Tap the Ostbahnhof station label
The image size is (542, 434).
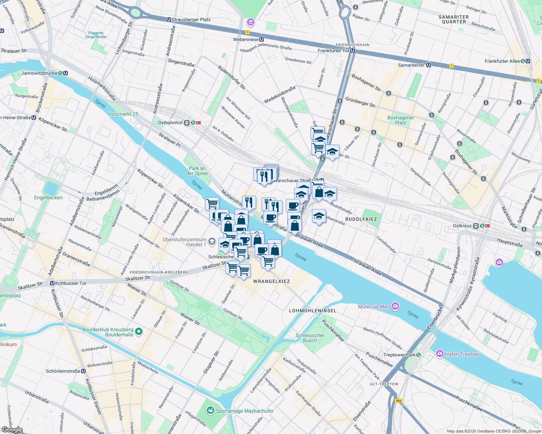170,123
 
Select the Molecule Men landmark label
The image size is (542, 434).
374,307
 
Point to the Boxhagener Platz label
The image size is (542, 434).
400,120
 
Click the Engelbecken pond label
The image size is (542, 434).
48,197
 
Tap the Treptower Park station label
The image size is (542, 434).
399,355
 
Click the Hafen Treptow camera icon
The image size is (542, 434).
440,353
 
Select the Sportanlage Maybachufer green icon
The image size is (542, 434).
210,410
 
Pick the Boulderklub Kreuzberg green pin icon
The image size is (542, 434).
138,331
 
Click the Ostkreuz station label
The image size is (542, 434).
462,226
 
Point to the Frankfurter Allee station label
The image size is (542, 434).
502,61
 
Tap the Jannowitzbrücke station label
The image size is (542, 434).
39,73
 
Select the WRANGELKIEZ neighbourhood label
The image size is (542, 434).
271,281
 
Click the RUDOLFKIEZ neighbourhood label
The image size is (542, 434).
361,219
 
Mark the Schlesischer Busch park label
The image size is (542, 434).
310,338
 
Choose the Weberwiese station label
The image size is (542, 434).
246,39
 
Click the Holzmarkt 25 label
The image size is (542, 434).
123,114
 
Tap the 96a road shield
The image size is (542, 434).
399,401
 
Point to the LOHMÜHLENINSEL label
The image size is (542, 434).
312,311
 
